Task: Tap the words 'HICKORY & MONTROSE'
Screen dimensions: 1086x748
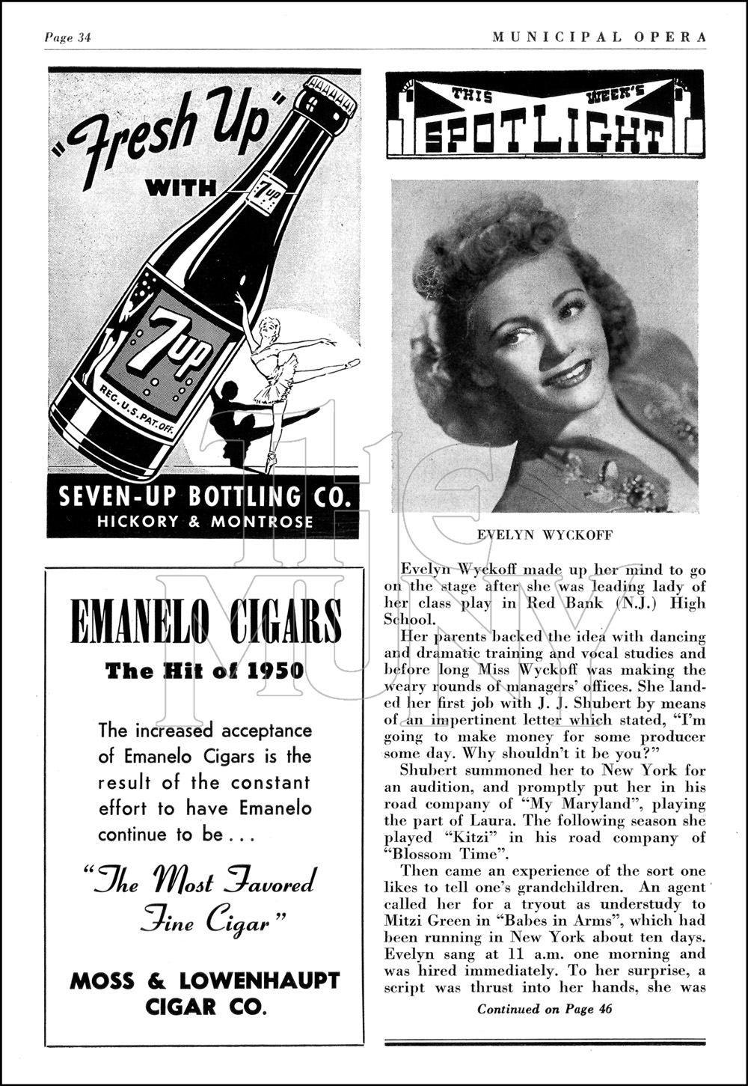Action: (205, 522)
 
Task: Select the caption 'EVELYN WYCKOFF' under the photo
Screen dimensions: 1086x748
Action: (545, 535)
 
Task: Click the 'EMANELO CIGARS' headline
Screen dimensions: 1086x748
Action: (206, 622)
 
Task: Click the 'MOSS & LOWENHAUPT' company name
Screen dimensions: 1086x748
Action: (205, 980)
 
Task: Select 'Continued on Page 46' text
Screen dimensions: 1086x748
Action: (545, 1008)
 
